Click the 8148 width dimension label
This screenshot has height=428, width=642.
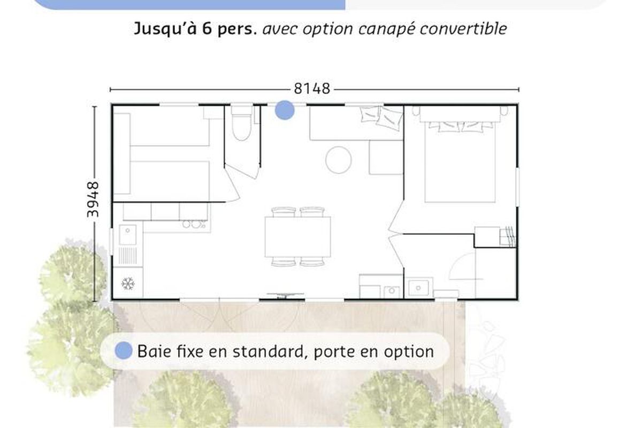[312, 89]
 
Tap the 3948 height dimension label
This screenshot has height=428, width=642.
[93, 200]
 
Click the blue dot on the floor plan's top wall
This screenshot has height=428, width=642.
[285, 110]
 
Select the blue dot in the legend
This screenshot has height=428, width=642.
[124, 350]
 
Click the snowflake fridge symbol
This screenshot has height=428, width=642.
[128, 284]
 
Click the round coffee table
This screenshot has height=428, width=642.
[339, 160]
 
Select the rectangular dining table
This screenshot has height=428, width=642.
[297, 237]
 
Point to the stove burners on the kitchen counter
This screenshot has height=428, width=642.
[194, 224]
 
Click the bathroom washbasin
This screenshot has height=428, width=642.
[418, 287]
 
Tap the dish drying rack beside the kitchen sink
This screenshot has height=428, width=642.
[127, 256]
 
